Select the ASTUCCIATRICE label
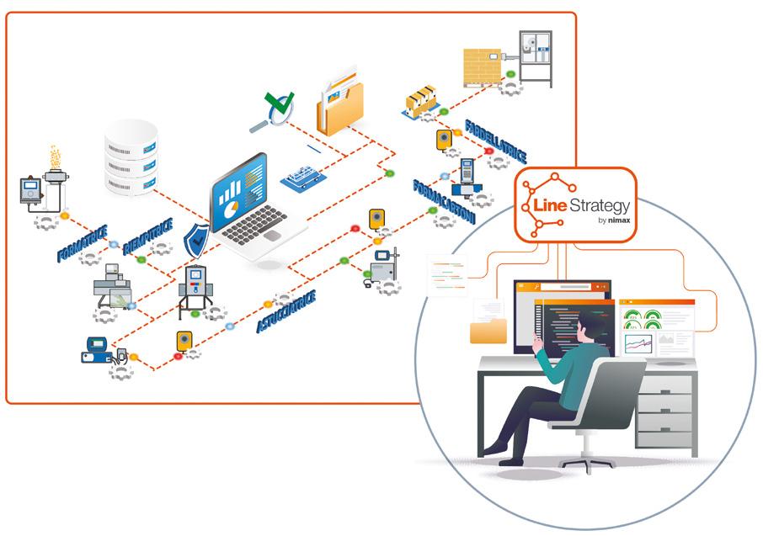[x=285, y=312]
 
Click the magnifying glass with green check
[x=274, y=113]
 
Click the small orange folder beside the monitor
[x=489, y=329]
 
